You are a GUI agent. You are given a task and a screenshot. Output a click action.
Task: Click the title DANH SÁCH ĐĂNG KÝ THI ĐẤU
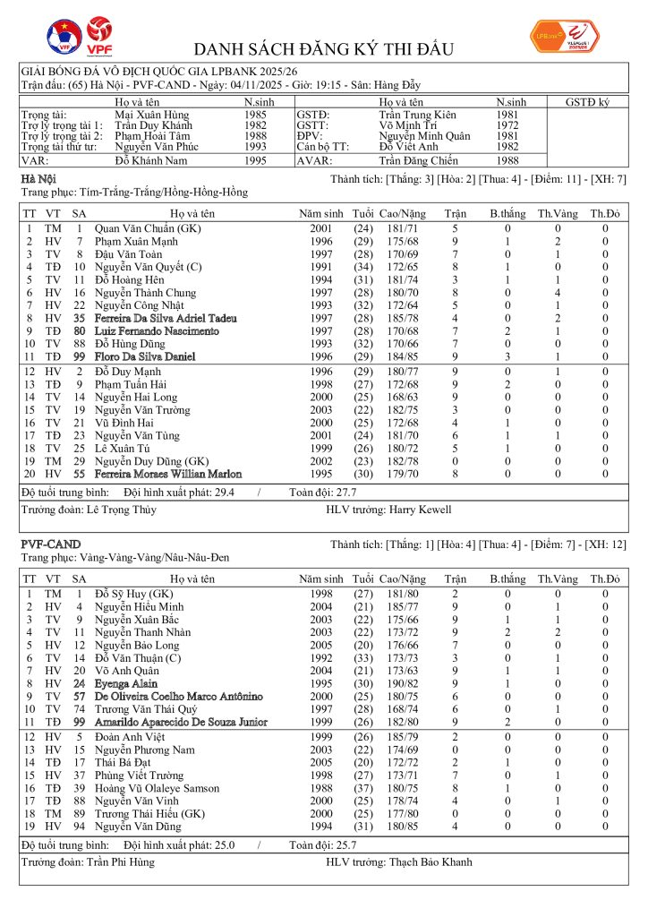pyautogui.click(x=323, y=48)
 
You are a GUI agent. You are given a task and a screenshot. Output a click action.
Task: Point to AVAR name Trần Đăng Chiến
pyautogui.click(x=418, y=160)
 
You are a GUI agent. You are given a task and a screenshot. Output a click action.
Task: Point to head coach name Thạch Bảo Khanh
pyautogui.click(x=431, y=861)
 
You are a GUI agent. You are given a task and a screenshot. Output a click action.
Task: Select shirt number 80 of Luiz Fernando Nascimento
pyautogui.click(x=79, y=330)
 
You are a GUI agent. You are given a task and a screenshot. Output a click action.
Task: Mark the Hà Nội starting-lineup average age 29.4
pyautogui.click(x=244, y=492)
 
